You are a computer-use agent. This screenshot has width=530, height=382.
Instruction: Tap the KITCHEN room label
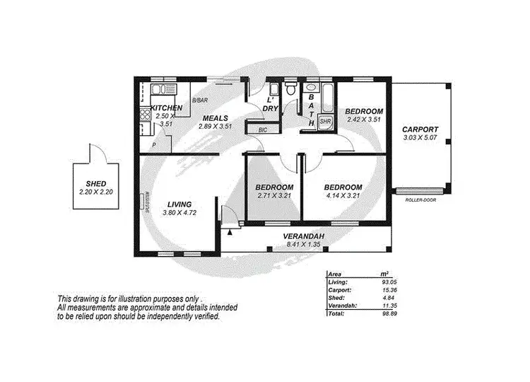(x=167, y=108)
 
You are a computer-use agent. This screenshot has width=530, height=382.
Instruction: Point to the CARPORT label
(x=420, y=129)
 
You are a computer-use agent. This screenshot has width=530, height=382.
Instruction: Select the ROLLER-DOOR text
(x=421, y=200)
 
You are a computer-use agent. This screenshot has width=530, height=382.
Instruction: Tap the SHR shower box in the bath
(x=325, y=122)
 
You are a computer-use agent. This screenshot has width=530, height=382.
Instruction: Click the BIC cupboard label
(x=263, y=129)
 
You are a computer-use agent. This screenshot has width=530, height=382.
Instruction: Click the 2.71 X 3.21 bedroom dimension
(x=273, y=196)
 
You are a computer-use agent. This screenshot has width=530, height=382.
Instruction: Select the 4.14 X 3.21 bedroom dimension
(x=343, y=196)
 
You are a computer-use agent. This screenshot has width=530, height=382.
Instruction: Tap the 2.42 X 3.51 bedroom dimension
(x=364, y=120)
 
